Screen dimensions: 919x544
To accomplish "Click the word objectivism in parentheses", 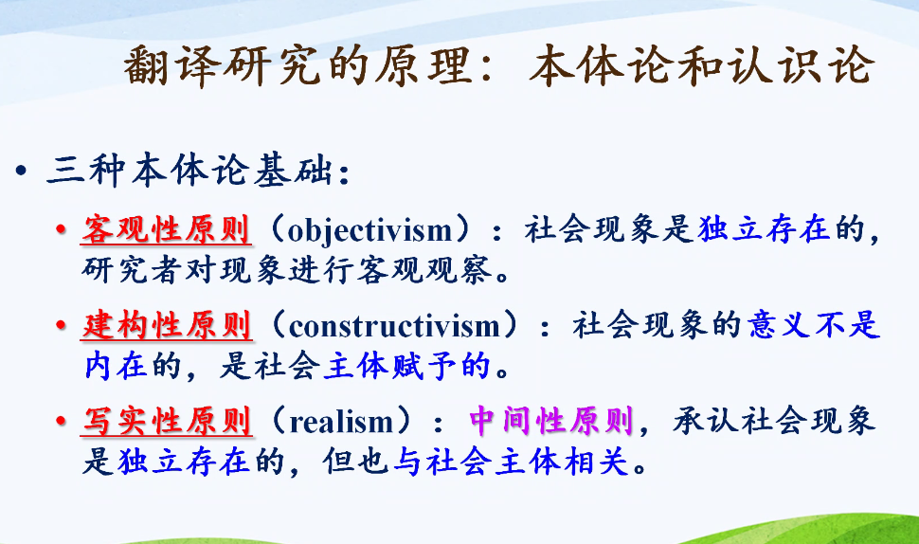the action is (x=369, y=230).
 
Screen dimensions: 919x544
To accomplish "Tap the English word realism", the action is (x=341, y=422).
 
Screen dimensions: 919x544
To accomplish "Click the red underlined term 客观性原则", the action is (x=167, y=229).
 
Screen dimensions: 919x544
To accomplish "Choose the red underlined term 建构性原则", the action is (x=167, y=325).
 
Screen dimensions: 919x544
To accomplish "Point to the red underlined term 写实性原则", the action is (x=167, y=422).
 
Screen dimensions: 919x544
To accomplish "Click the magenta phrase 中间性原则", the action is (x=551, y=421).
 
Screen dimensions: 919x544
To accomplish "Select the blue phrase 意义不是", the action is (x=814, y=325).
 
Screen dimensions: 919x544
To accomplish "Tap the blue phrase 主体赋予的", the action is (x=406, y=367).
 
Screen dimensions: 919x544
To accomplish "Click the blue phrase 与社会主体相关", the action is (x=511, y=462).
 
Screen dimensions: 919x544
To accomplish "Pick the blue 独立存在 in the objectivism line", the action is (x=764, y=228).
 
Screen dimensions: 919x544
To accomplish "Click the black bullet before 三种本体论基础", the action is (x=22, y=172).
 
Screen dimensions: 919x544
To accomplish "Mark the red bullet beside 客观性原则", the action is (x=61, y=229).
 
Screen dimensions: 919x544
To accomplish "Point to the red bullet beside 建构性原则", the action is (x=61, y=325).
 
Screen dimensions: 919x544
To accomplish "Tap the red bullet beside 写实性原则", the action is (x=61, y=422).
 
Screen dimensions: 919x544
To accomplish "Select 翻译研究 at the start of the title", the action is (x=222, y=65).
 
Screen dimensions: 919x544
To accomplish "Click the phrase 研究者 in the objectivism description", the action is (x=133, y=270).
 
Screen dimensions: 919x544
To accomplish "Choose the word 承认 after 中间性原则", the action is (x=705, y=421).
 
